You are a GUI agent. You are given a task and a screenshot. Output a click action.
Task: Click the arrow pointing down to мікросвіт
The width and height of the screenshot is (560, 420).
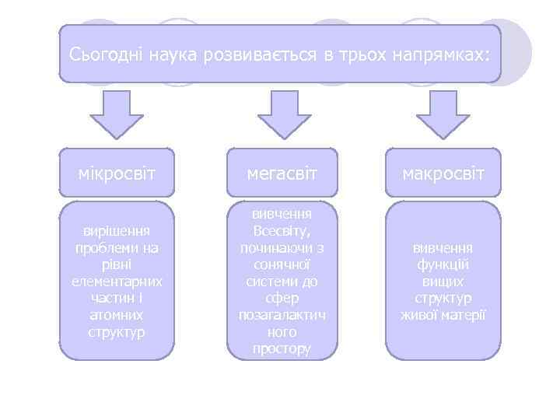[x=117, y=113]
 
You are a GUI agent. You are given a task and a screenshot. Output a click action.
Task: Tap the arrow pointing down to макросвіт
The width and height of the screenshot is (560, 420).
[x=443, y=113]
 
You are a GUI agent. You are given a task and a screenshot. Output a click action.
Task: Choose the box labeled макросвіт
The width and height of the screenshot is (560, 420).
[x=443, y=171]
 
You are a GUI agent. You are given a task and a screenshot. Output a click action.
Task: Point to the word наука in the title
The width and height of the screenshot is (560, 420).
[x=174, y=55]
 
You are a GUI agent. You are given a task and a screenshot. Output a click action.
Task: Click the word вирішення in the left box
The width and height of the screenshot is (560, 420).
[x=117, y=230]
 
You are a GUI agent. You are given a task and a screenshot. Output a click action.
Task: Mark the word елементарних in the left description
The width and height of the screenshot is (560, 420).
[x=117, y=282]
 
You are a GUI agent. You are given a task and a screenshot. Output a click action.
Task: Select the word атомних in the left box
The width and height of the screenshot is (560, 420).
[x=117, y=316]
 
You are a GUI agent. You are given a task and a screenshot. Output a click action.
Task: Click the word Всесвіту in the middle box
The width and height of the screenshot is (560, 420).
[x=282, y=230]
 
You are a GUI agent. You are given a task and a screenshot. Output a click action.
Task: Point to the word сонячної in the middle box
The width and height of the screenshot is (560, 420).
[x=282, y=264]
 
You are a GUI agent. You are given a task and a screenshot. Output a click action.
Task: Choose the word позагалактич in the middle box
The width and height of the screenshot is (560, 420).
[x=282, y=315]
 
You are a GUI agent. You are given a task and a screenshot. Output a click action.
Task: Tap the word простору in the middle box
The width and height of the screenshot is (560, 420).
[x=282, y=349]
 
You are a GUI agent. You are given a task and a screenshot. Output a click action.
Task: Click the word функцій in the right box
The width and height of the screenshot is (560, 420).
[x=443, y=264]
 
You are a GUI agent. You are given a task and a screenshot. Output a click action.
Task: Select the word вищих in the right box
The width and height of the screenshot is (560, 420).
[x=443, y=282]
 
